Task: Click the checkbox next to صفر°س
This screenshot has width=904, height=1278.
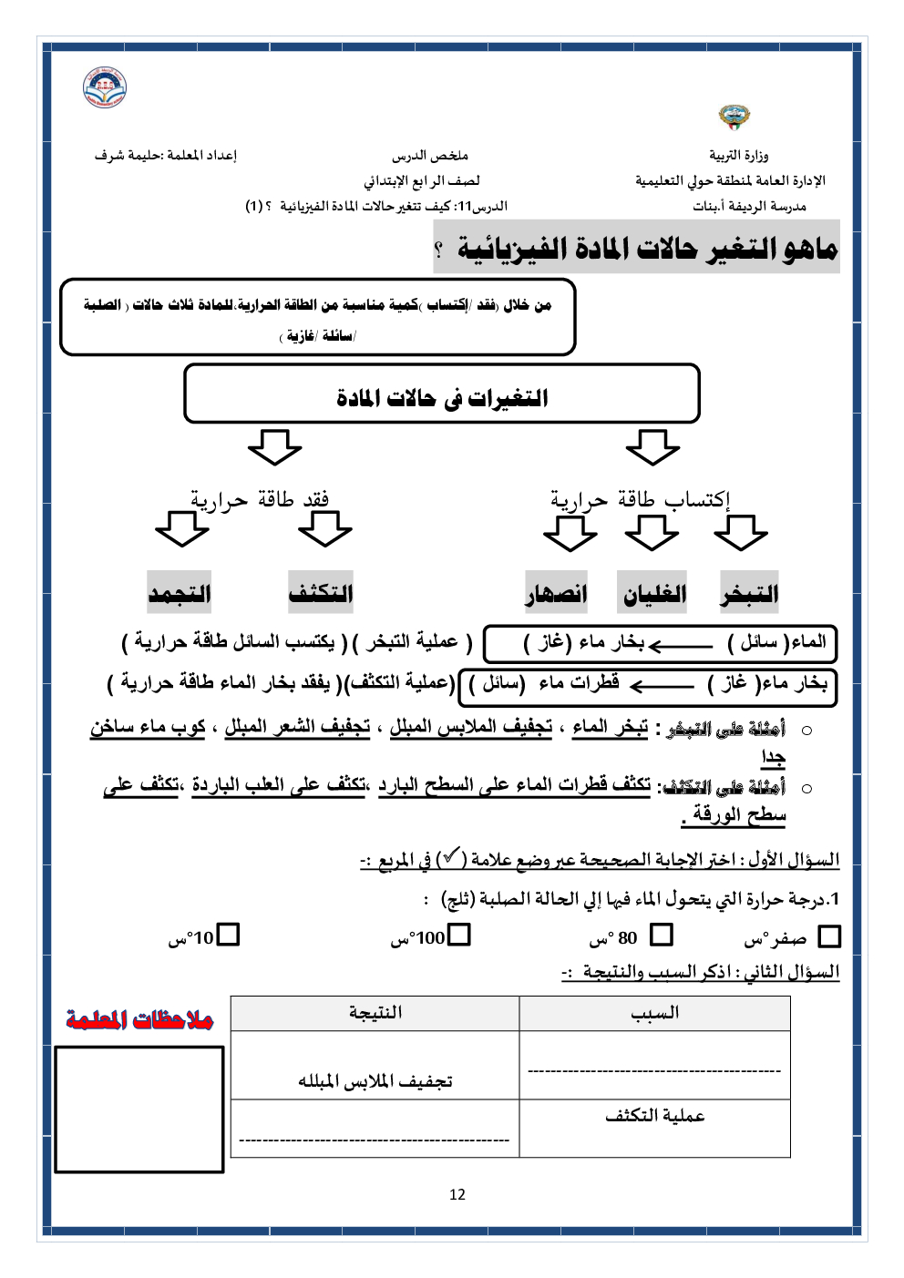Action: coord(829,936)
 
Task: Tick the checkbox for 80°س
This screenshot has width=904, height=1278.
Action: coord(662,935)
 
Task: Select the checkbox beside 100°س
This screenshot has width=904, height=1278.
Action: coord(459,935)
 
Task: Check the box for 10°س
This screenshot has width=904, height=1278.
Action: coord(228,935)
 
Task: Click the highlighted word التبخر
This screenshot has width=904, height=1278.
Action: coord(749,594)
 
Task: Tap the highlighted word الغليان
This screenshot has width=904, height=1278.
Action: coord(653,594)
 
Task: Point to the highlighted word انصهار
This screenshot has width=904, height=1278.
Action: coord(556,594)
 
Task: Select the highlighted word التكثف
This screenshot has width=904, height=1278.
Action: coord(321,594)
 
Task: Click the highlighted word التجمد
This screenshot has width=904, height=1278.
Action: coord(180,594)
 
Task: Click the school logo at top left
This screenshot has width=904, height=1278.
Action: coord(105,87)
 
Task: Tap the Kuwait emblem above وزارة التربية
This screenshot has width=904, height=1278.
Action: coord(734,117)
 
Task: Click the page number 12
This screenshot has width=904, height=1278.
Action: coord(457,1194)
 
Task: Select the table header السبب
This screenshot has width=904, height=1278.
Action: coord(654,1013)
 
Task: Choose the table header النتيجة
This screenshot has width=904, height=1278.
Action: coord(375,1013)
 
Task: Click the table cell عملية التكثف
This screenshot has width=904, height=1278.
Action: coord(654,1116)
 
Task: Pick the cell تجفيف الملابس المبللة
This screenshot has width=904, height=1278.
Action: coord(375,1081)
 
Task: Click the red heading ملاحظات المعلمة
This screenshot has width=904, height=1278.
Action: coord(139,1019)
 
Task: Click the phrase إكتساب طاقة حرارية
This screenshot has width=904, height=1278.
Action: coord(640,499)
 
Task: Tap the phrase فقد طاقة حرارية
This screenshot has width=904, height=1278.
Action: coord(260,499)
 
